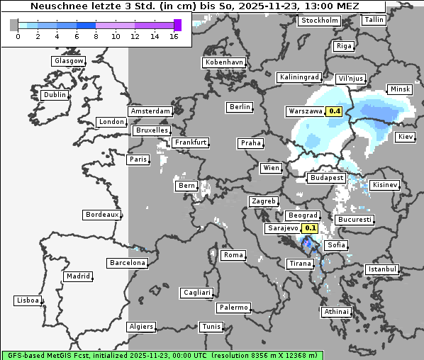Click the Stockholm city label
point(319,21)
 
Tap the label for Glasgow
point(69,61)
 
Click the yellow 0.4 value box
point(334,111)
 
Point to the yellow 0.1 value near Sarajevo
point(311,228)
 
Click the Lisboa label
point(28,300)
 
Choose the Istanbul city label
point(382,269)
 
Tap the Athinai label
point(336,312)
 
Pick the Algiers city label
point(140,327)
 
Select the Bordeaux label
point(102,214)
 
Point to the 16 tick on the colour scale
point(174,36)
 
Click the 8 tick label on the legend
point(96,36)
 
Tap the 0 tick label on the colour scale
point(18,36)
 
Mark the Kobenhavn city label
point(224,62)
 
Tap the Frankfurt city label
point(191,142)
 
